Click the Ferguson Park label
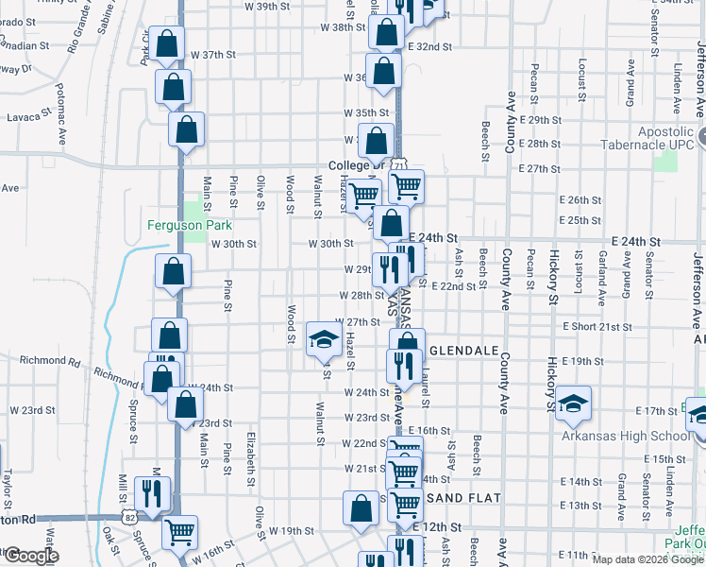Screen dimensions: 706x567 coord(190,225)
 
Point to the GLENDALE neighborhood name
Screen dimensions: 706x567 coord(463,350)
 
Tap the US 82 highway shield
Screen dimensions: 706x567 coord(127,518)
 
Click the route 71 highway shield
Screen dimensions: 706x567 coord(400,165)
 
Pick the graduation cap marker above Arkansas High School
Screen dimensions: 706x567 coord(573,404)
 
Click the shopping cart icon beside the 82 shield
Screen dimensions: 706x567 coord(178,531)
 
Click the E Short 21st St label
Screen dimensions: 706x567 coord(597,326)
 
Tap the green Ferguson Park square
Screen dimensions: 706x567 coord(194,210)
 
